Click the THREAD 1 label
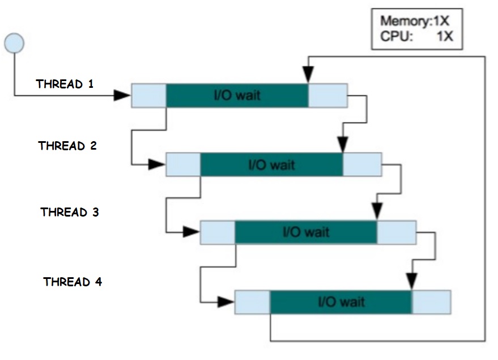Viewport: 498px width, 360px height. [x=65, y=84]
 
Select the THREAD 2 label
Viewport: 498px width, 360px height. [x=67, y=146]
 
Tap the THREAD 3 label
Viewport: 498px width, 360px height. [x=70, y=212]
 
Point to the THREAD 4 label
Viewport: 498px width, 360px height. [x=73, y=282]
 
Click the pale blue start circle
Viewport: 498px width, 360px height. [x=14, y=43]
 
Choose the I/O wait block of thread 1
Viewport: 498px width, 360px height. [x=237, y=95]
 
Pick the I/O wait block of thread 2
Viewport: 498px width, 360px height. [x=271, y=165]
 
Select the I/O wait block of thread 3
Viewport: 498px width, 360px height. [x=305, y=232]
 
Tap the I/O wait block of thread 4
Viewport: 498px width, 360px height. [x=340, y=302]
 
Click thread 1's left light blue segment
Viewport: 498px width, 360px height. [x=148, y=95]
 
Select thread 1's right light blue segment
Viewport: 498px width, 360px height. [x=327, y=95]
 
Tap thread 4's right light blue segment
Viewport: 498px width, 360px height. [x=431, y=302]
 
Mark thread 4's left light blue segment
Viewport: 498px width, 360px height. [x=252, y=302]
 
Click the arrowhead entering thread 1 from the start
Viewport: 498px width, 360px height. [x=122, y=95]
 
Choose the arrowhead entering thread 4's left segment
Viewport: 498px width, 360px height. [x=226, y=302]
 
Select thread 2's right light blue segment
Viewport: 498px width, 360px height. [x=362, y=165]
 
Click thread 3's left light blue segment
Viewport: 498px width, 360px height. [x=218, y=232]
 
